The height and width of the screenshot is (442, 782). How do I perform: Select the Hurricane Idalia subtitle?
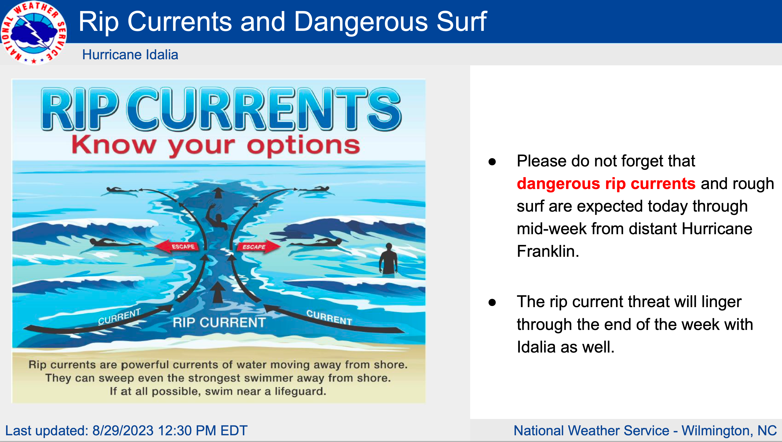pyautogui.click(x=130, y=55)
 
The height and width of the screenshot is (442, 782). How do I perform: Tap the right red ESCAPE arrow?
pyautogui.click(x=258, y=246)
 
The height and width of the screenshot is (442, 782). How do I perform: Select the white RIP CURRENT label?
pyautogui.click(x=219, y=322)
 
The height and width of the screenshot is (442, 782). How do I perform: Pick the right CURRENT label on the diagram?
pyautogui.click(x=329, y=317)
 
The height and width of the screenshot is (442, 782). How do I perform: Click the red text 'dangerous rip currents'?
pyautogui.click(x=606, y=184)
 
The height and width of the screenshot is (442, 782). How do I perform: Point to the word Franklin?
pyautogui.click(x=548, y=251)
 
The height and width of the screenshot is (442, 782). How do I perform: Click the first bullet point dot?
pyautogui.click(x=492, y=162)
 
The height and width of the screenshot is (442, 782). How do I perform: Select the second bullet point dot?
pyautogui.click(x=492, y=302)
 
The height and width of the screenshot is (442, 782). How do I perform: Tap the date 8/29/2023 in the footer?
pyautogui.click(x=123, y=430)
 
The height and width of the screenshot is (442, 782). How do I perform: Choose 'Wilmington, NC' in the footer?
pyautogui.click(x=729, y=430)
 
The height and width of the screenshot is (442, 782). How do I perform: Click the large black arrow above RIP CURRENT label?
pyautogui.click(x=218, y=292)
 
